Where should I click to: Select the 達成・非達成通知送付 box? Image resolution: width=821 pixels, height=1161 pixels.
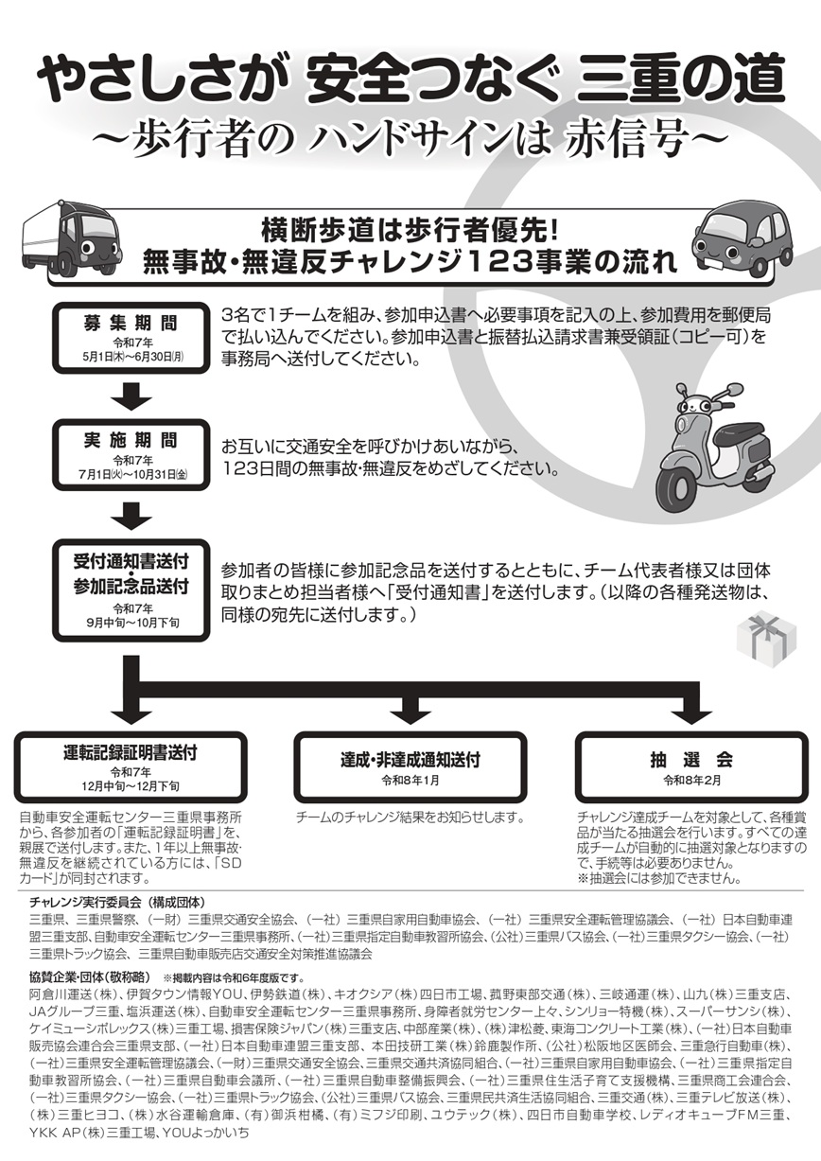pos(410,767)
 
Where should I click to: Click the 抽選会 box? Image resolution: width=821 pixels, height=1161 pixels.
pos(690,767)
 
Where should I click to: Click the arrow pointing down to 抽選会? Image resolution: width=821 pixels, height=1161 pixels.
pos(690,708)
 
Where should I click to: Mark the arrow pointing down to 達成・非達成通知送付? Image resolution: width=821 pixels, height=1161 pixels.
pos(410,708)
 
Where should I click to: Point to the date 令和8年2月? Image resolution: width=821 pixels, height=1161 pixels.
pos(690,781)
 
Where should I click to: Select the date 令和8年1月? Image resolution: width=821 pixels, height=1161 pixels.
pos(410,781)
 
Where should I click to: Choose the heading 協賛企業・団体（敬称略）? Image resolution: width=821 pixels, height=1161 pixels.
pos(91,976)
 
